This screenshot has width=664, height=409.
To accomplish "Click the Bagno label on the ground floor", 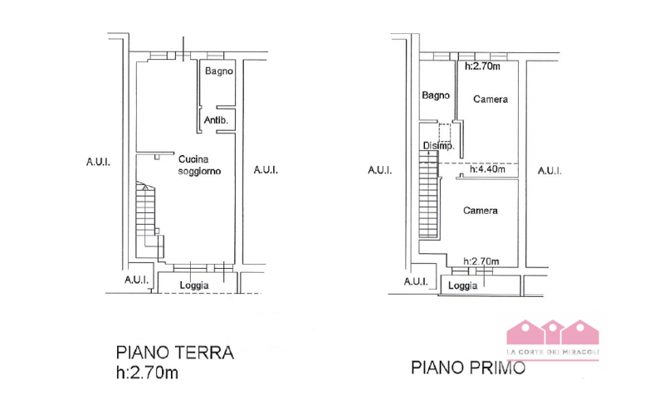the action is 219,71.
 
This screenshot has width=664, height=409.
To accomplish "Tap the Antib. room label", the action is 216,120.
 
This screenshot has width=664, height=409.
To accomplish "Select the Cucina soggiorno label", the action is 199,165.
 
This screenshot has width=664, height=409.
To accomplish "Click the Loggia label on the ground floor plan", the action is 194,285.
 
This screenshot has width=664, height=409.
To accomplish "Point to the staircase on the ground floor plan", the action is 149,219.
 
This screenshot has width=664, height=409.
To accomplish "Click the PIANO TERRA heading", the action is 175,353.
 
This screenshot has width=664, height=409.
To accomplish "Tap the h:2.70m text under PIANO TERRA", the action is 147,372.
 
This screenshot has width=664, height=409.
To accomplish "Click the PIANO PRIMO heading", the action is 468,368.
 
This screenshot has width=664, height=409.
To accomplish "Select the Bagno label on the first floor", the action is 435,95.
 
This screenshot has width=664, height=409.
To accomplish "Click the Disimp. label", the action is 439,146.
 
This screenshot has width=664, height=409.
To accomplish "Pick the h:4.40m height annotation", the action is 487,169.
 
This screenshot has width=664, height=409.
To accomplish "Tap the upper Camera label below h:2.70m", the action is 491,99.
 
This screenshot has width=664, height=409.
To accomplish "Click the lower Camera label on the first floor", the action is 481,211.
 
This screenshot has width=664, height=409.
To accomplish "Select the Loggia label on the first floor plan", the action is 462,285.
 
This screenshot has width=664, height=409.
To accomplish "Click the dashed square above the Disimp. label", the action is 445,133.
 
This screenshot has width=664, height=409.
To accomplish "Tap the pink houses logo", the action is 553,338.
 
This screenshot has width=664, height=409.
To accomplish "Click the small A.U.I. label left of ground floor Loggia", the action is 136,280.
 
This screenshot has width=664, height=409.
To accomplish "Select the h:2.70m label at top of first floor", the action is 482,66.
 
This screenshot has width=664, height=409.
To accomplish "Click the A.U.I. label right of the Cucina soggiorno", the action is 266,170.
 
